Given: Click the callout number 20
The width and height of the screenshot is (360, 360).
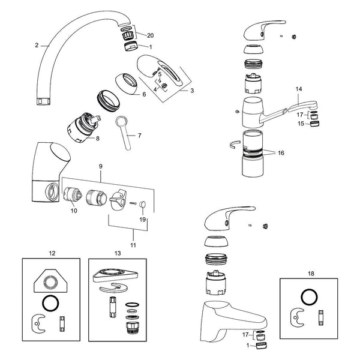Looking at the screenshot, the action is click(x=151, y=35).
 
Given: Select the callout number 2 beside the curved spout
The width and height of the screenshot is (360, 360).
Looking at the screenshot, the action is click(x=37, y=45).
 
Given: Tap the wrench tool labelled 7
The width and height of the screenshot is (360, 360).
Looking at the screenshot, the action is click(x=124, y=132).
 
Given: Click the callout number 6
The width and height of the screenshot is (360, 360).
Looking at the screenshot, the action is click(x=144, y=94).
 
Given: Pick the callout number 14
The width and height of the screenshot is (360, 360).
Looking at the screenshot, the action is click(x=299, y=89).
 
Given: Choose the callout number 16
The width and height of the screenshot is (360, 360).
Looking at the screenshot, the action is click(x=281, y=153).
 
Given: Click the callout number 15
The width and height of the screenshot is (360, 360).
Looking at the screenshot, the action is click(x=301, y=124).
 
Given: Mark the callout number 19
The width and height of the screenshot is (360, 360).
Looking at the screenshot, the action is click(x=143, y=220).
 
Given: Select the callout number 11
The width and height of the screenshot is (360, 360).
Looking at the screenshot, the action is click(x=133, y=245).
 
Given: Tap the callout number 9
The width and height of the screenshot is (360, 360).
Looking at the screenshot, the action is click(x=101, y=166).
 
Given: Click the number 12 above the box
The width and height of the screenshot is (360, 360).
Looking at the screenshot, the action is click(x=52, y=253).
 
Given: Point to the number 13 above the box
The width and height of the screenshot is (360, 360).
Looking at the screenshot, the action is click(x=118, y=253).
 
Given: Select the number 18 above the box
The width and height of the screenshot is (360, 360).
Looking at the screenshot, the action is click(x=311, y=274).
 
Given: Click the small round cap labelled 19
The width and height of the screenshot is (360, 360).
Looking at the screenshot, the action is click(x=143, y=204).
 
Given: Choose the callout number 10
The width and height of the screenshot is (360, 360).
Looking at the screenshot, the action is click(x=74, y=211).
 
